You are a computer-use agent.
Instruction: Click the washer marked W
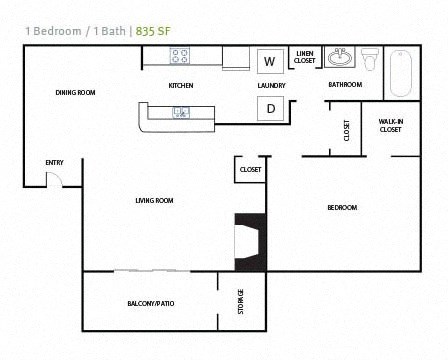click(269, 61)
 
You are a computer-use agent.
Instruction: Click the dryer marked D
click(271, 109)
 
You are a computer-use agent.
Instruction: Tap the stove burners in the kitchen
click(180, 57)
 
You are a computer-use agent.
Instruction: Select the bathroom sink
click(340, 57)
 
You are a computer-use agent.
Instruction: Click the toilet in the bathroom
click(371, 59)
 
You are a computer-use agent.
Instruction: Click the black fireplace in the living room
click(250, 241)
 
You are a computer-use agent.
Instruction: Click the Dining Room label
click(75, 92)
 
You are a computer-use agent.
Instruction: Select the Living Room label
click(154, 200)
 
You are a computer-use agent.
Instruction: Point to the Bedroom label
click(342, 207)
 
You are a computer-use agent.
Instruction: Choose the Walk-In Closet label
click(390, 125)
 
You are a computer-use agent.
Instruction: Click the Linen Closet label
click(304, 59)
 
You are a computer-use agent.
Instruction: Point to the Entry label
click(54, 162)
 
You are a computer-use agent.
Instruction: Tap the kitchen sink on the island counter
click(180, 111)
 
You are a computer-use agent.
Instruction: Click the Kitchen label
click(180, 85)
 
